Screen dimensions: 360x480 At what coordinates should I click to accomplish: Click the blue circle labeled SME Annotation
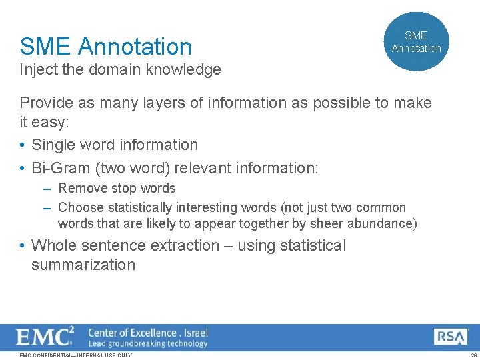[417, 41]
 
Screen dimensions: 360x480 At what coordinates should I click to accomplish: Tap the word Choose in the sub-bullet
[81, 208]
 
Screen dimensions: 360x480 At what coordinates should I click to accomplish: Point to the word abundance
[383, 223]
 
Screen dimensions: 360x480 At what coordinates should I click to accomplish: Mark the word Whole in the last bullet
[53, 245]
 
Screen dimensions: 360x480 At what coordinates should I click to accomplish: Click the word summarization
[83, 265]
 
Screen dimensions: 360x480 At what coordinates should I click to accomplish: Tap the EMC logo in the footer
[45, 337]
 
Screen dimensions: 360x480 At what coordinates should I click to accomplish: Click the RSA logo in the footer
[451, 337]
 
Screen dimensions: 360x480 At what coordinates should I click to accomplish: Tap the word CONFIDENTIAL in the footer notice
[53, 355]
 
